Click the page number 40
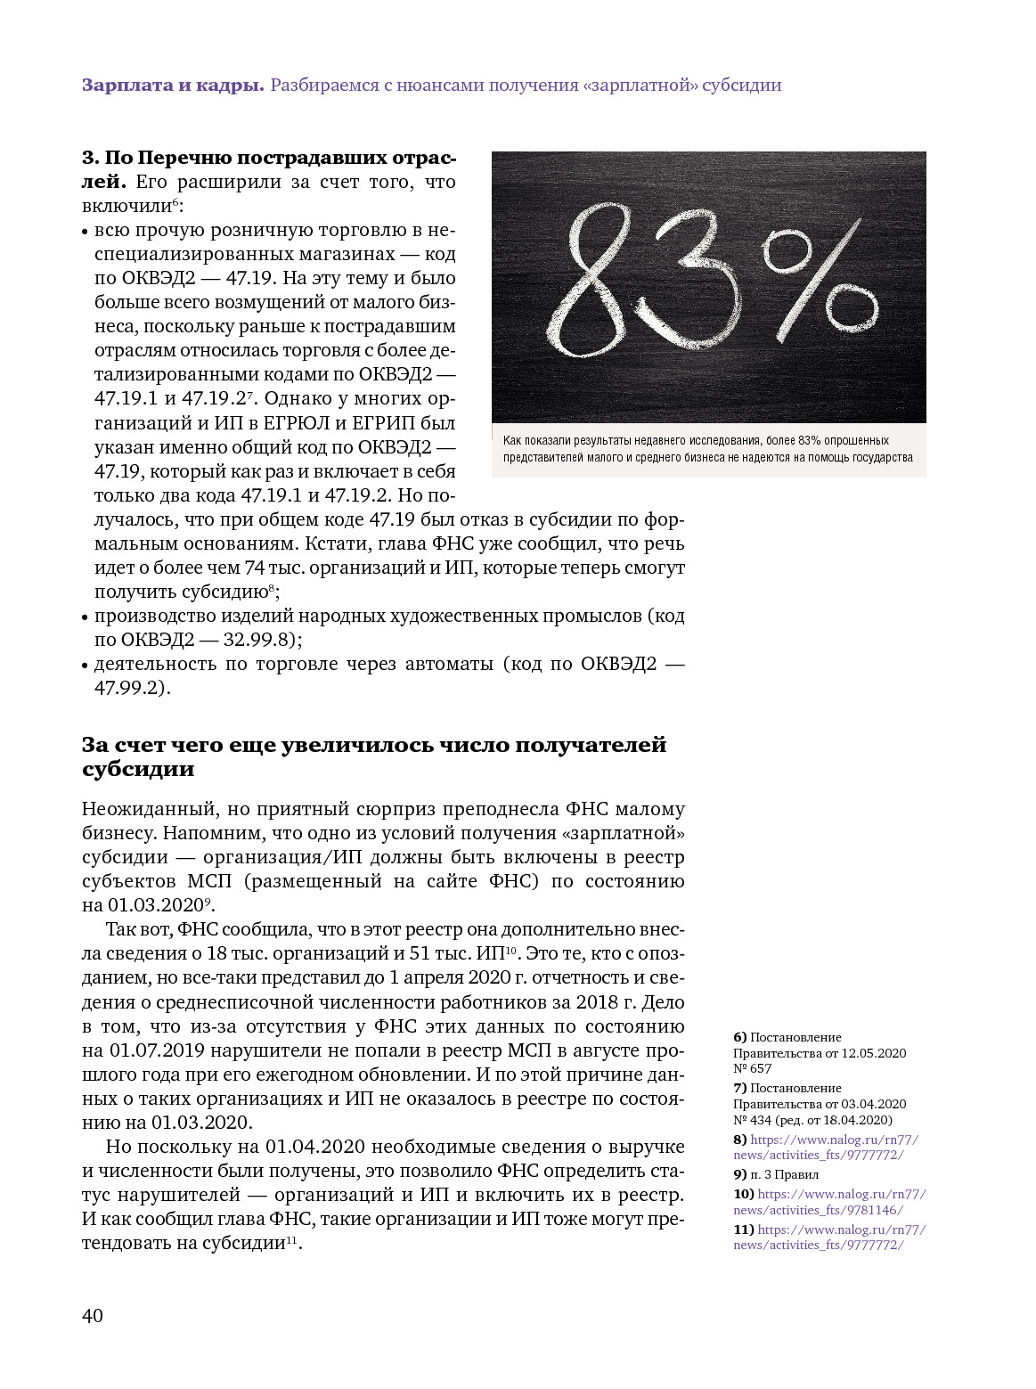(x=93, y=1315)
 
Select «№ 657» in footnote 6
(x=753, y=1068)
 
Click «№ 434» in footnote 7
(x=753, y=1120)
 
